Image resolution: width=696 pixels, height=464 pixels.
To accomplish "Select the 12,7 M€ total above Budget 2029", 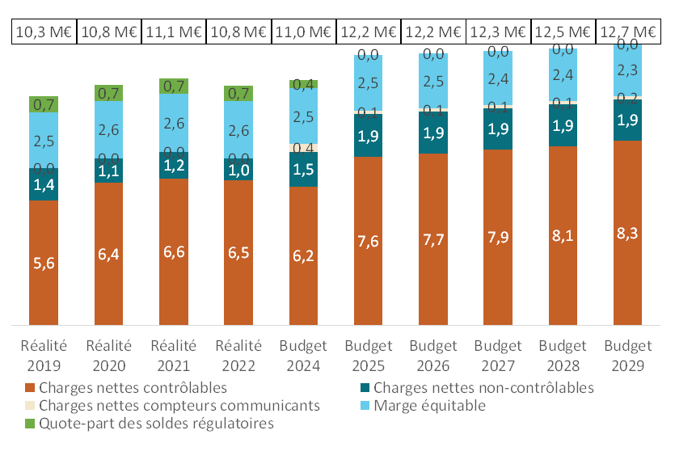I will click(627, 32).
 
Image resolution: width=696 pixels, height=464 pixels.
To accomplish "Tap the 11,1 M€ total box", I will click(173, 32).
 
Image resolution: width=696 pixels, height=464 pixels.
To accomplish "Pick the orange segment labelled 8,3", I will click(627, 233).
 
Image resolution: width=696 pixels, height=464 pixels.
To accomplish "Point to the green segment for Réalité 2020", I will click(108, 93).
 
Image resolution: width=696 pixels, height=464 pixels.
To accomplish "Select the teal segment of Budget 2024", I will click(303, 170).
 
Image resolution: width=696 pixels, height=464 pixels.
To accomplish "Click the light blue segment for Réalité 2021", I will click(174, 123).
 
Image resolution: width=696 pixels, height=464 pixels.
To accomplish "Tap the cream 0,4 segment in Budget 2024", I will click(303, 148).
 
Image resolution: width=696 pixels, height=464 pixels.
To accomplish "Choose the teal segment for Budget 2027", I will click(497, 129).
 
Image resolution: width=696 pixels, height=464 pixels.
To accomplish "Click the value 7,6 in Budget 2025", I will click(368, 241).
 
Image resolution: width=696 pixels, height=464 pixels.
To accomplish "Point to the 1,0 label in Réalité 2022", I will click(238, 171).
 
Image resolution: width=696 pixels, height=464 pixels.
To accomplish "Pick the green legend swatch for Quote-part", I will click(32, 423).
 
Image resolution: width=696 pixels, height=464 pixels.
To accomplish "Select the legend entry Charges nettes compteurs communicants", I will click(179, 405).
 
